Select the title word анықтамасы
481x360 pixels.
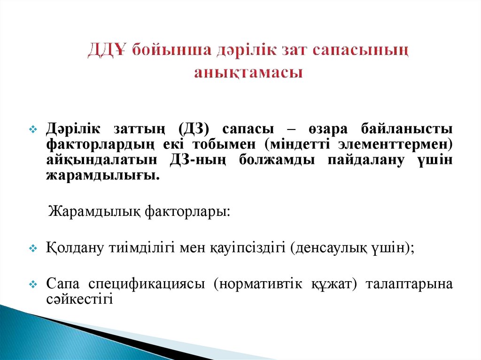[x=248, y=73]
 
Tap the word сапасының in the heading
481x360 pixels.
[x=368, y=50]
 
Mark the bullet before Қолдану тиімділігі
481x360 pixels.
[x=33, y=248]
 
